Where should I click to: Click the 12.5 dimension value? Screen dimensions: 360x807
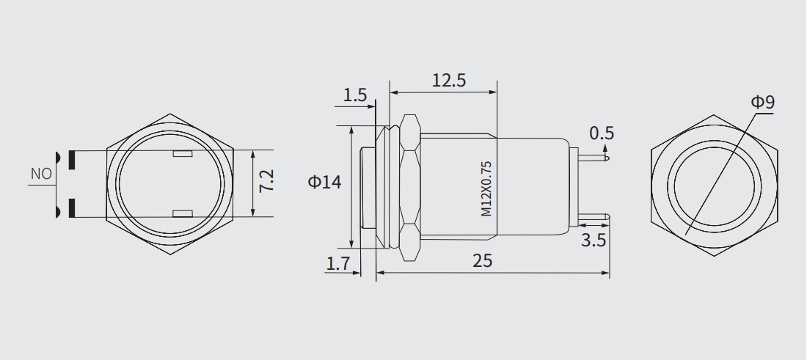pos(448,81)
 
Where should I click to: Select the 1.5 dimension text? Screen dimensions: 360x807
pos(354,95)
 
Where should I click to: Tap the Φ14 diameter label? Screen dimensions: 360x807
pos(324,182)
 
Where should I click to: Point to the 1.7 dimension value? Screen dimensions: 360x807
pos(337,264)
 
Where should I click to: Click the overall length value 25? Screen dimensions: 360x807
pos(482,261)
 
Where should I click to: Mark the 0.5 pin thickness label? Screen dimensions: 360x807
pos(602,133)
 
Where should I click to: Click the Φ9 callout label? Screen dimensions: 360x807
pos(762,102)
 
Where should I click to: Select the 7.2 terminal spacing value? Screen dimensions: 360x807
pos(266,180)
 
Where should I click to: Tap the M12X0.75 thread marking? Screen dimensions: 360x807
pos(485,188)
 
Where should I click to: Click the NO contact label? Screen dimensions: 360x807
pos(41,175)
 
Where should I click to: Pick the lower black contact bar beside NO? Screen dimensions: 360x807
pos(72,208)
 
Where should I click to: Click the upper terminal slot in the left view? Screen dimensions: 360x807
pos(181,155)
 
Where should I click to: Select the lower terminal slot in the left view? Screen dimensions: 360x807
pos(181,213)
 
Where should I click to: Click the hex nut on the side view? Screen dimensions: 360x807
pos(410,187)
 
